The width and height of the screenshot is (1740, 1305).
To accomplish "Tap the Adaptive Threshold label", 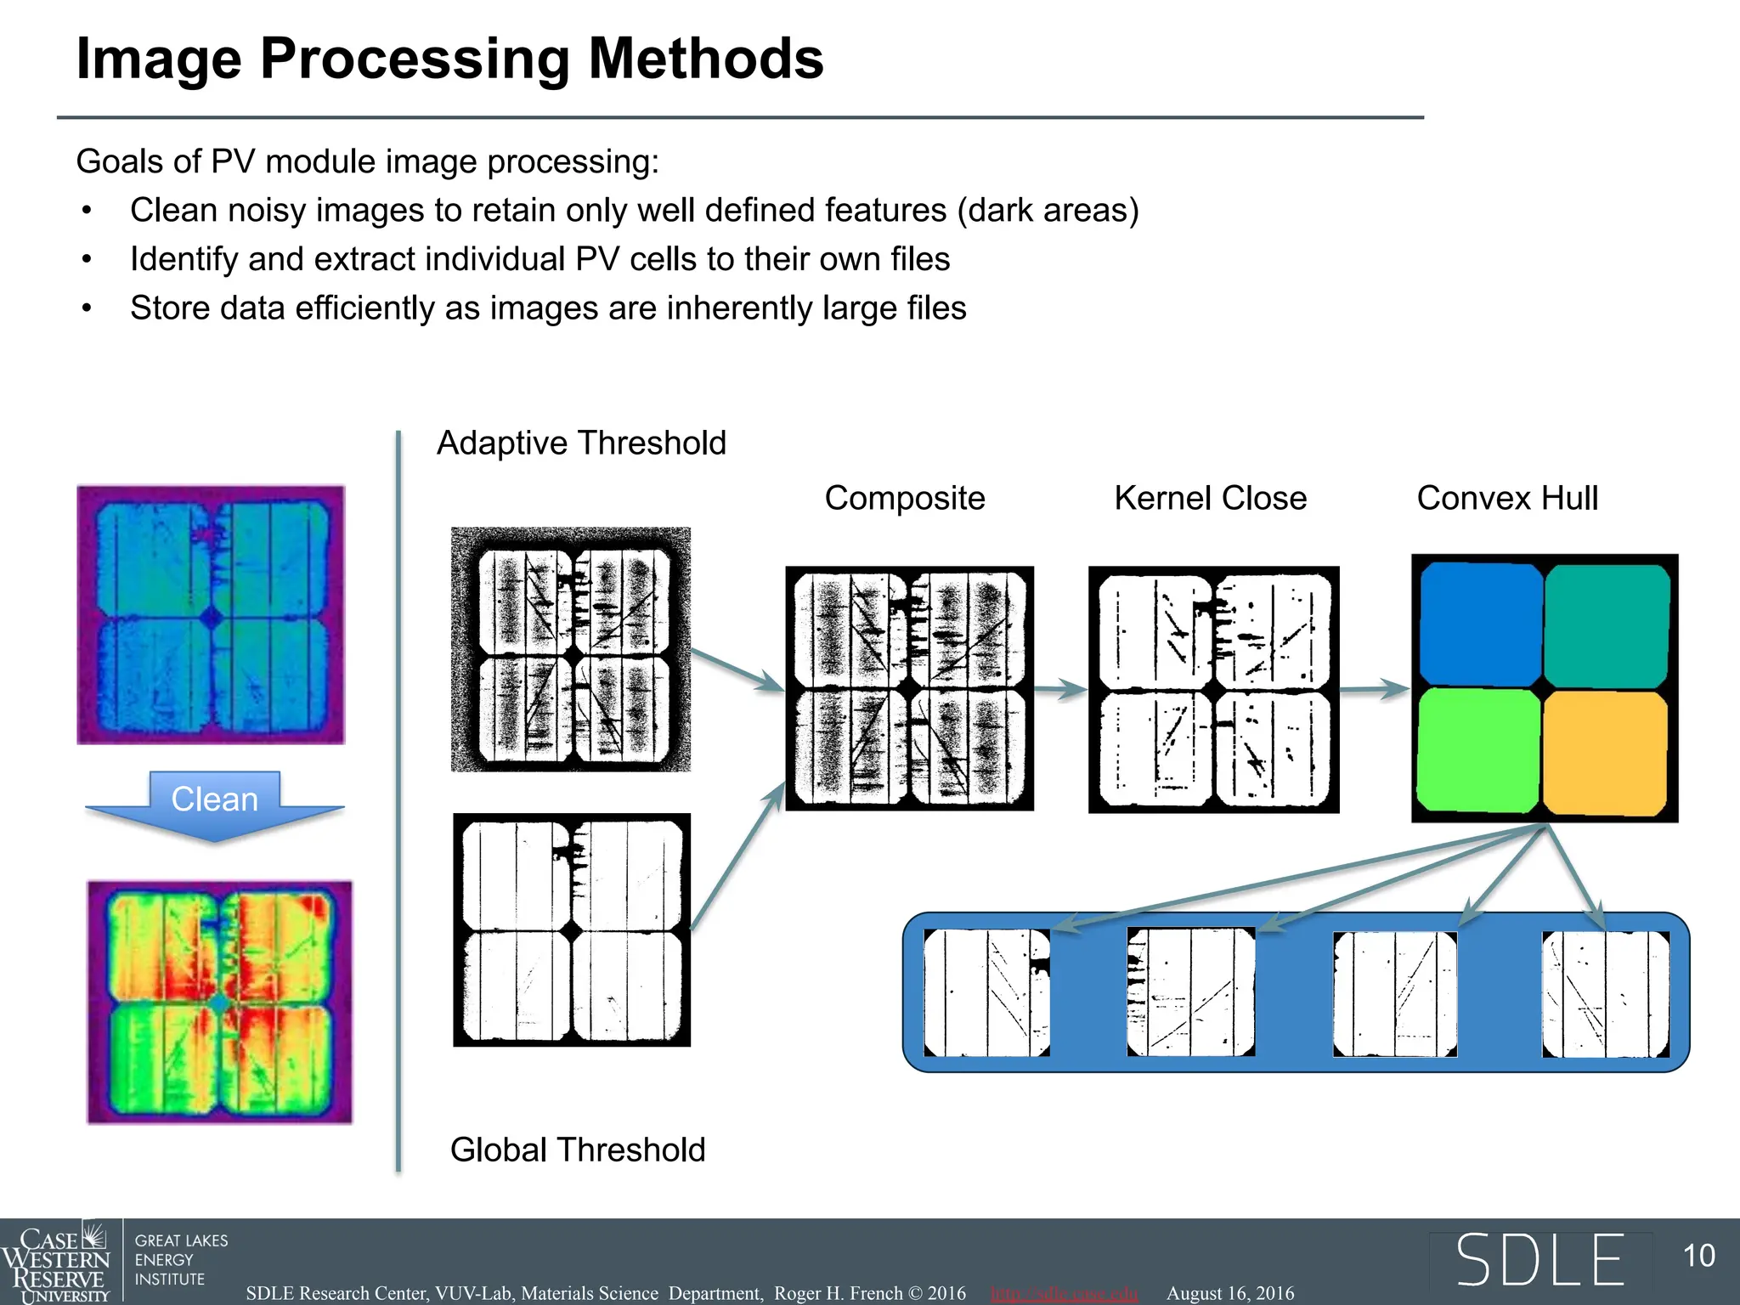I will pos(581,443).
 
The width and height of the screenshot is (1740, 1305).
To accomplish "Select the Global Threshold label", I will pos(578,1150).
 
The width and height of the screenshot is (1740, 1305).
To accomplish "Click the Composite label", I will pos(905,498).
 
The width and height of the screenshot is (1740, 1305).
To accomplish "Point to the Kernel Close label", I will pos(1210,498).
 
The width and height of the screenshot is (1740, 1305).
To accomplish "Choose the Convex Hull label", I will pos(1507,498).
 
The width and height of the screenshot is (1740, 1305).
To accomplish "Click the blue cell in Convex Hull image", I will pos(1479,622).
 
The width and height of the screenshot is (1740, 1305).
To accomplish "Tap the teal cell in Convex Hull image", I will pos(1607,625).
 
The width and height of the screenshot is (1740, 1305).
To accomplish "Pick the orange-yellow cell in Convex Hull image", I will pos(1605,753).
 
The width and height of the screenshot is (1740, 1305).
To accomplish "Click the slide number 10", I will pos(1699,1256).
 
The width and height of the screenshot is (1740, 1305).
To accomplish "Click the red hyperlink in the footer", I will pos(1064,1293).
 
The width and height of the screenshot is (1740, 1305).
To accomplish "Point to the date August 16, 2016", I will pos(1230,1293).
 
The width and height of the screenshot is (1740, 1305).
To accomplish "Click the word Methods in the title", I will pos(706,59).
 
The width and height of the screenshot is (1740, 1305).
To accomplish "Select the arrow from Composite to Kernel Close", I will pos(1060,689).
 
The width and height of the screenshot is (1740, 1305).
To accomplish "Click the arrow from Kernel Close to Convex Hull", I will pos(1375,689).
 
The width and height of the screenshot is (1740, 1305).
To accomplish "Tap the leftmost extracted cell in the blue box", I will pos(986,992).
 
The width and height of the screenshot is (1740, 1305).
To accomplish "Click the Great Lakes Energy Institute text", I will pos(181,1260).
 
